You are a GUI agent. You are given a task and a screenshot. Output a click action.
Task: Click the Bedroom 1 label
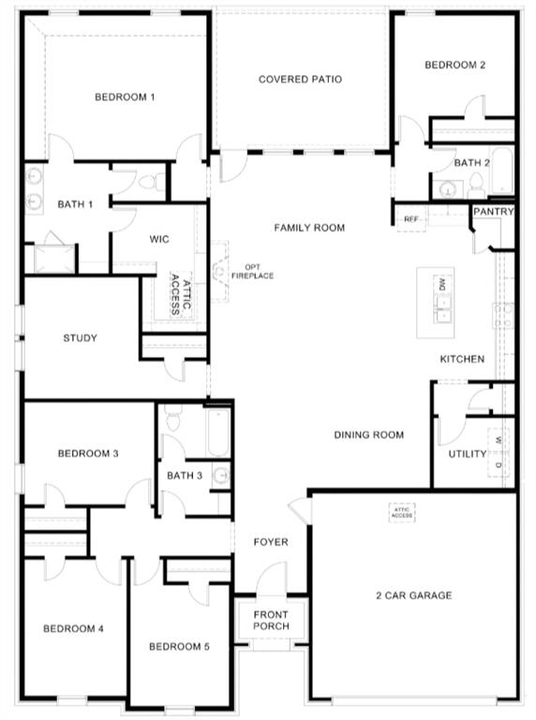125,97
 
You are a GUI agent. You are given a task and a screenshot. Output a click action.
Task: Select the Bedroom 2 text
454,66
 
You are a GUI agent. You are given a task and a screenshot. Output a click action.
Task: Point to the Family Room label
309,228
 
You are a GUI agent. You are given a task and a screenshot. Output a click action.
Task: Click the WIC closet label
159,239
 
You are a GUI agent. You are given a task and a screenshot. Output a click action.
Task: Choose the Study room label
80,338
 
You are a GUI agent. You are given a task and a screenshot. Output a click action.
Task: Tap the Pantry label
493,212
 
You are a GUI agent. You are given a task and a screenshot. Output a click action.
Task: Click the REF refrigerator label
410,219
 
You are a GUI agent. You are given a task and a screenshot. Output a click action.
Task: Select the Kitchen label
463,359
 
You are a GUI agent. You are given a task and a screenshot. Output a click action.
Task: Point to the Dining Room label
369,435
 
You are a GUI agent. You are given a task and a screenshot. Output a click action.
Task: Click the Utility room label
468,454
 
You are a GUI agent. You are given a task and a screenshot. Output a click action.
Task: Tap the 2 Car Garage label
413,595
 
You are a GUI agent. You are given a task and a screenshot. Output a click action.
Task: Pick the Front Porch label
271,620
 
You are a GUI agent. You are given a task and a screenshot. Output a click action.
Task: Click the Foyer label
271,542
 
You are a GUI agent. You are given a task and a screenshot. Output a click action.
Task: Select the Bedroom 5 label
180,647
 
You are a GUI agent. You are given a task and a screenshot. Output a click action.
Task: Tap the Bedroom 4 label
74,628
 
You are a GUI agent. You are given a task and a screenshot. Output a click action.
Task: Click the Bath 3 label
185,475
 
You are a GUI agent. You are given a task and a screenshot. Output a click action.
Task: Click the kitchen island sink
440,302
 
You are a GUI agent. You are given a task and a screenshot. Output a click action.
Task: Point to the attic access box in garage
402,513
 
